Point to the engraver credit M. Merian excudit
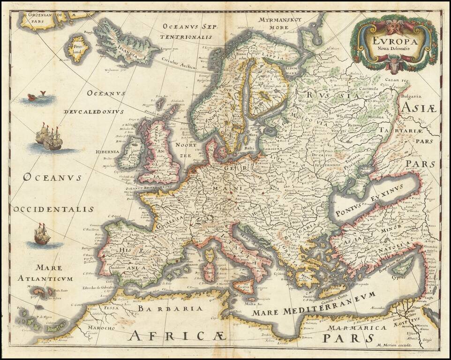coord(394,345)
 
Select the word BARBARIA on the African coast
coord(171,309)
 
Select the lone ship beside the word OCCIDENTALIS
coord(42,235)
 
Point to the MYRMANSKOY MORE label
coord(281,23)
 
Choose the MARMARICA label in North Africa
coord(357,327)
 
